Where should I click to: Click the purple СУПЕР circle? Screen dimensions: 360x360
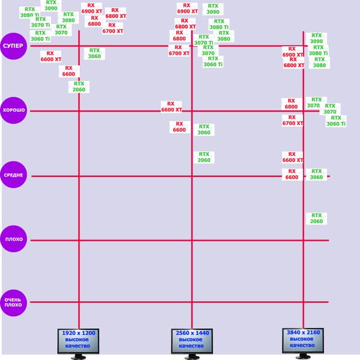point(13,46)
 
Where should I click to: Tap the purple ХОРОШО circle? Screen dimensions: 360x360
point(13,111)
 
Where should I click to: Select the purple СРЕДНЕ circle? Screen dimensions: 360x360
point(13,175)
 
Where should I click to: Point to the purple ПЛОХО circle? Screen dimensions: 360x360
point(13,239)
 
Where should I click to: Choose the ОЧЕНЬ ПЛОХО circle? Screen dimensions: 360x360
point(13,302)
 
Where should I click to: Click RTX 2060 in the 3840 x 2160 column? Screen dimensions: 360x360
point(316,218)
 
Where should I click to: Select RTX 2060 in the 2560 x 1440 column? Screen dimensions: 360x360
point(204,157)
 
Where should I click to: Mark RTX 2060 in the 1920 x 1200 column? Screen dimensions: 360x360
point(79,87)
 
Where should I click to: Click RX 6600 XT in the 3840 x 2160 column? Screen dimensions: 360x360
point(292,157)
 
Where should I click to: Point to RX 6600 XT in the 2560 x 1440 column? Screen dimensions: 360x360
point(172,107)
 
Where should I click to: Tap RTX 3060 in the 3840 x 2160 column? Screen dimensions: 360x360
point(316,174)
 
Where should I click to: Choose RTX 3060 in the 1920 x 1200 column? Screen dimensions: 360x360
point(95,53)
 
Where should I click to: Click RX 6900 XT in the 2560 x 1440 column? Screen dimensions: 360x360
point(187,8)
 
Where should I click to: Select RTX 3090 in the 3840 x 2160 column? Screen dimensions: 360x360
point(316,38)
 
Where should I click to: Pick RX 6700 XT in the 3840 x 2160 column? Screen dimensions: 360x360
point(292,120)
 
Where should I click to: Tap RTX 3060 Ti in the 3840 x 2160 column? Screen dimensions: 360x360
point(336,121)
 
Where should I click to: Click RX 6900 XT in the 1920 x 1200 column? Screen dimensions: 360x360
point(91,8)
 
